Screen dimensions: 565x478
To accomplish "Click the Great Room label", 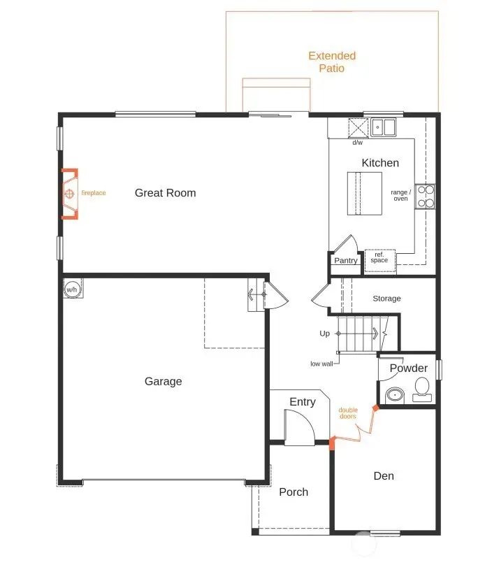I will point(165,193).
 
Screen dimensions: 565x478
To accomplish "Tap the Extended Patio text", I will point(332,62).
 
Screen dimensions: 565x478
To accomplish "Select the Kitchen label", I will point(380,163).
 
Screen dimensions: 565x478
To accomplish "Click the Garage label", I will point(163,381).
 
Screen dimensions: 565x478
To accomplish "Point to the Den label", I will point(384,476).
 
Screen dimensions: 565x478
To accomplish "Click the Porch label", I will point(294,492).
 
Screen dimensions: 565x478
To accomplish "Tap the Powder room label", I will point(409,369).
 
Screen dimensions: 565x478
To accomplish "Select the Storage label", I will point(386,299).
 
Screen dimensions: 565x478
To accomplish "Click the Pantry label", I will point(345,261).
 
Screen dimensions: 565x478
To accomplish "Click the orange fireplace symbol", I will point(70,194).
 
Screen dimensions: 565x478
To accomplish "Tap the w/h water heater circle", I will point(72,288).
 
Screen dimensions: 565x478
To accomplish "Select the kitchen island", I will point(365,192).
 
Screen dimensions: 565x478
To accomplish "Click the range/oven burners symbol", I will point(425,196).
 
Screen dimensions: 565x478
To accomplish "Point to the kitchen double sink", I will point(383,127).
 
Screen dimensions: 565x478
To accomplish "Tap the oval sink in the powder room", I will point(395,395).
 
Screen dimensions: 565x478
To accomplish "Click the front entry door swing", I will point(296,426).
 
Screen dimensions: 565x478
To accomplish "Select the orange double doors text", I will point(348,413).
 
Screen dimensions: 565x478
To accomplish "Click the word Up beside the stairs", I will point(324,334).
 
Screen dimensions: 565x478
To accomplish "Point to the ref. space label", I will point(379,257).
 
